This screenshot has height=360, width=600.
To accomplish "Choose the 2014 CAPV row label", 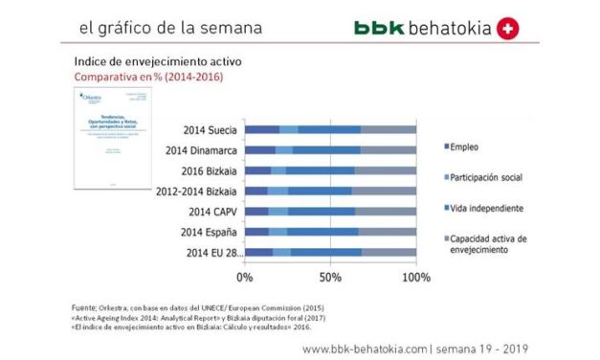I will coord(211,211).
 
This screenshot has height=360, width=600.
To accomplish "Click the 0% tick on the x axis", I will coord(244,277).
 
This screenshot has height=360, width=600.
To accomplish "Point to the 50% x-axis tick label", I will coord(330,277).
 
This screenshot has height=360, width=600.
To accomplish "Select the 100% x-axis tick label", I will coord(416,277).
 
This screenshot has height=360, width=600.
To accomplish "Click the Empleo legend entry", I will coord(466,147).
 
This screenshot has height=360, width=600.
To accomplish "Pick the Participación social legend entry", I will coord(494,178).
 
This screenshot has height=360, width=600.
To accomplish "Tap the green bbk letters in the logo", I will coord(375,29).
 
